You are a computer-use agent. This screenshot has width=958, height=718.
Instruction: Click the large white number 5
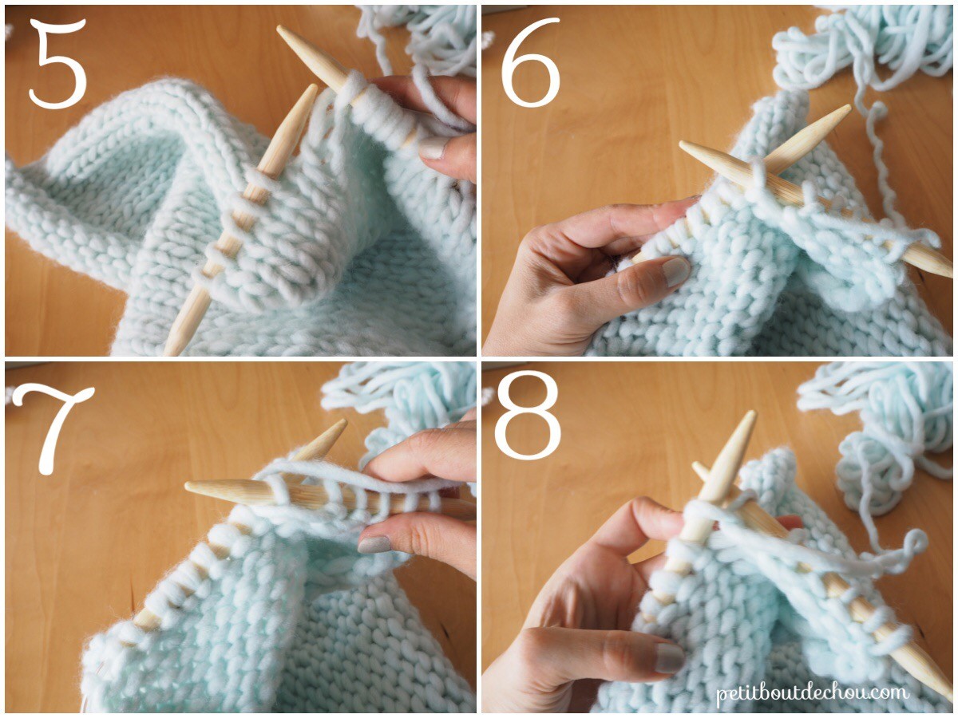(x=57, y=64)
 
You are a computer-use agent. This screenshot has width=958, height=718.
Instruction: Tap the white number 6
(x=531, y=64)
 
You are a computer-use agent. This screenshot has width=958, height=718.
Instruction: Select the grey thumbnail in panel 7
(x=374, y=545)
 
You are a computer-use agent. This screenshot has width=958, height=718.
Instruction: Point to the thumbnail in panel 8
(x=669, y=657)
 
